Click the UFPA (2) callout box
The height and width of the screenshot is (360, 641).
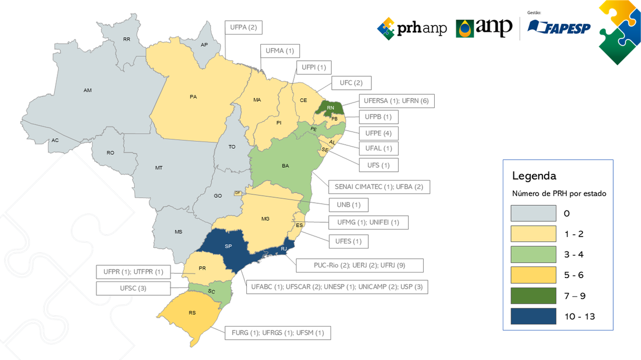pos(244,27)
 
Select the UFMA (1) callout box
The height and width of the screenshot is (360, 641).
pos(280,51)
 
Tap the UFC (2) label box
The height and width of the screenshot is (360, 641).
pos(351,83)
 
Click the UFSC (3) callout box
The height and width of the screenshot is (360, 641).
pos(133,288)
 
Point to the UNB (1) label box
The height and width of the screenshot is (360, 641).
pos(348,205)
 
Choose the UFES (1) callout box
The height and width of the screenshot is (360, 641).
pos(348,241)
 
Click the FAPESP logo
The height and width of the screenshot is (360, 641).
pos(559,27)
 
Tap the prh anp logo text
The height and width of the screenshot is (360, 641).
pos(412,28)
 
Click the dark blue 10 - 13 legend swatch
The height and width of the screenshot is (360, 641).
pos(533,317)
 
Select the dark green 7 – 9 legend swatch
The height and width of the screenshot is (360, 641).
pos(533,296)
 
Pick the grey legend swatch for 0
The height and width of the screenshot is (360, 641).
pos(533,213)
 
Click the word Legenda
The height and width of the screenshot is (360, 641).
pos(534,176)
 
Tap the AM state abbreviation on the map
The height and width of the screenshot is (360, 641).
pos(88,90)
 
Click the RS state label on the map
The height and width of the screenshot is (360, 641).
pos(192,313)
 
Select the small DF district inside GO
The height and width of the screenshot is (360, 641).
pos(237,193)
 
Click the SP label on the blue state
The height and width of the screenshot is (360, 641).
pos(229,246)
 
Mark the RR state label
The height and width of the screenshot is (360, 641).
pos(127,40)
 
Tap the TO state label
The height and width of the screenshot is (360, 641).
pos(232,147)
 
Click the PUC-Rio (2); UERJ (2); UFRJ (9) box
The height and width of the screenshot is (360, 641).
pos(360,265)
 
